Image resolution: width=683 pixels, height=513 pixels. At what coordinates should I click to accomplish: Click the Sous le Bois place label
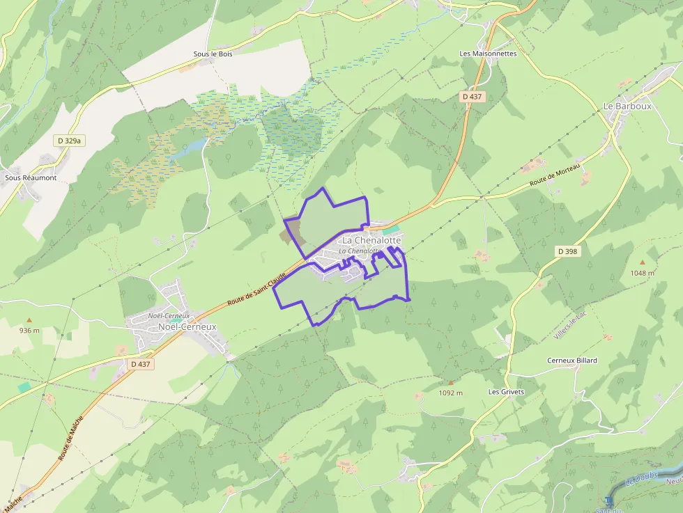[x=213, y=54]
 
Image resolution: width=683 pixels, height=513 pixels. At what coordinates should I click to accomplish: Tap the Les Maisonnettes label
[x=488, y=53]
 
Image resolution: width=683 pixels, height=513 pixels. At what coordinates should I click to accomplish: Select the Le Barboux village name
[x=627, y=106]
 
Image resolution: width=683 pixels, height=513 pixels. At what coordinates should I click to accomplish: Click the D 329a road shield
[x=70, y=141]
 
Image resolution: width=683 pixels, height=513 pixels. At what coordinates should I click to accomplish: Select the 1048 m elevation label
[x=642, y=273]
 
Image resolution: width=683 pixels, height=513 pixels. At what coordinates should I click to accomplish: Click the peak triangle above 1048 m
[x=642, y=262]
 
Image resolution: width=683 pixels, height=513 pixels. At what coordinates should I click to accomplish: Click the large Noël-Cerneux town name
[x=187, y=326]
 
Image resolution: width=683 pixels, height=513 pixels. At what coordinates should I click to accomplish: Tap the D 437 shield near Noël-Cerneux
[x=140, y=364]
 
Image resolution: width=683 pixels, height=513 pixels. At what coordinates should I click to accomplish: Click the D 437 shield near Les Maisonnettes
[x=473, y=97]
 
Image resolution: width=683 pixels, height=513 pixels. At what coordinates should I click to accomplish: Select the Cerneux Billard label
[x=571, y=361]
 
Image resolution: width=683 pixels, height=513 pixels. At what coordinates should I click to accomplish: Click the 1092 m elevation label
[x=451, y=393]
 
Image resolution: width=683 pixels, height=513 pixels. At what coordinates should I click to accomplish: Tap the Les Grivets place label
[x=506, y=392]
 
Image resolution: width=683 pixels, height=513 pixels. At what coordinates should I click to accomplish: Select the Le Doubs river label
[x=640, y=475]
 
